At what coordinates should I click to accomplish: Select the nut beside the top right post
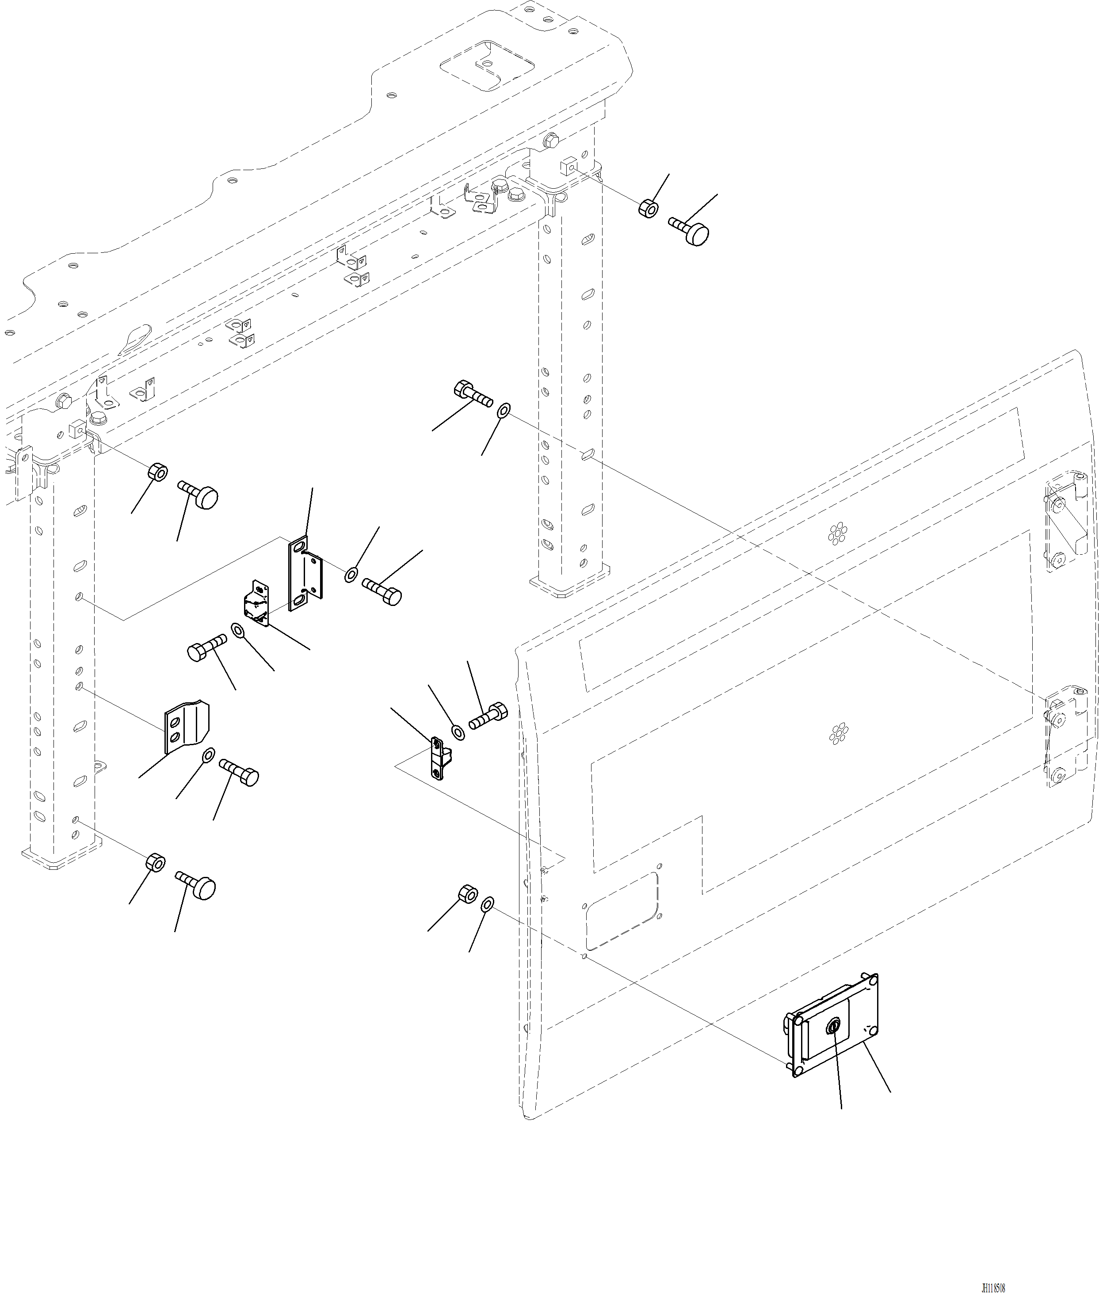(x=648, y=208)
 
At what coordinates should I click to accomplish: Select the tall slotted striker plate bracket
(x=304, y=573)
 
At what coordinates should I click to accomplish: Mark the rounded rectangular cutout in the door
(x=622, y=910)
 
